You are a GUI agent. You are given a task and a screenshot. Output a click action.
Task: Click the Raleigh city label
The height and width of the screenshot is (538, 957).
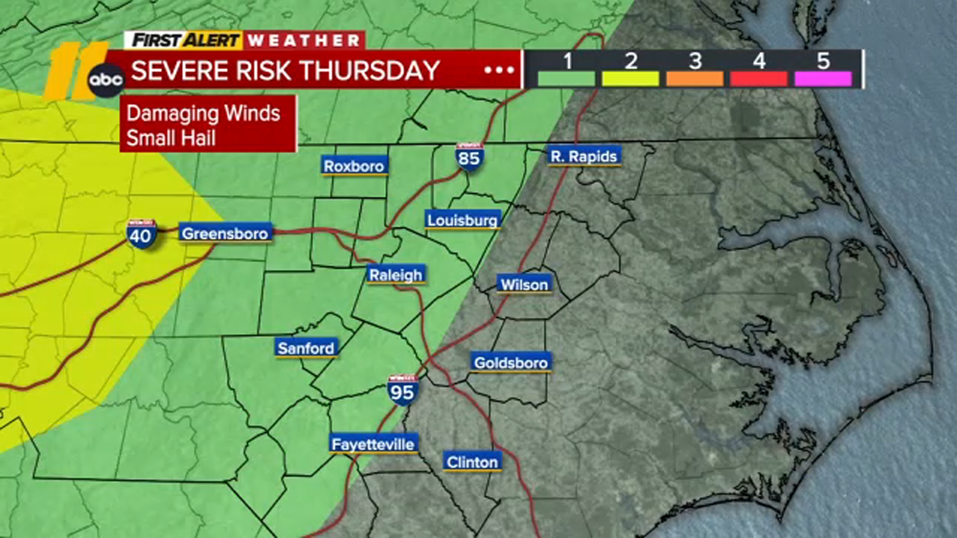tap(396, 274)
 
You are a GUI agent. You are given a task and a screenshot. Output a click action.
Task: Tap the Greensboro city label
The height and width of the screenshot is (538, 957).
tap(225, 233)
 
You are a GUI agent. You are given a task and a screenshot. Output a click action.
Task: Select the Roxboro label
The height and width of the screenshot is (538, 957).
tap(354, 166)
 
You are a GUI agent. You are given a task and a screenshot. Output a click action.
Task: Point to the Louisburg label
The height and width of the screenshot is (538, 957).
tap(463, 220)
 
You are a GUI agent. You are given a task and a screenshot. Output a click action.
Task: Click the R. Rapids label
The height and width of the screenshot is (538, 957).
tap(584, 156)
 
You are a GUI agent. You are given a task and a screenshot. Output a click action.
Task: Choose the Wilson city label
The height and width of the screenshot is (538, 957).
tap(524, 284)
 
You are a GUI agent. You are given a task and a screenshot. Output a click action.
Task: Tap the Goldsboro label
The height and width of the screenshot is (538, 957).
tap(511, 362)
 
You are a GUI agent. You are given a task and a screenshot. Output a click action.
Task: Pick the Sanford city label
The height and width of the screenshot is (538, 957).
tap(306, 348)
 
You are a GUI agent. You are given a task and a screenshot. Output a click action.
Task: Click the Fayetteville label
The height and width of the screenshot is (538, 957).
tap(373, 444)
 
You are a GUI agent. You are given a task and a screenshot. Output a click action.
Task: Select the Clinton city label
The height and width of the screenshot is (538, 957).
tap(472, 462)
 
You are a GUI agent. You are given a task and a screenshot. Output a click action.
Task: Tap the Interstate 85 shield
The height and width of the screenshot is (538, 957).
tap(469, 157)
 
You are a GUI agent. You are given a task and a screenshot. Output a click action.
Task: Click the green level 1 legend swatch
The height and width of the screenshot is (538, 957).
tap(567, 79)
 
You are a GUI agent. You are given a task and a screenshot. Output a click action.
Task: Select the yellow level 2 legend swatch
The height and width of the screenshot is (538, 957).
tap(631, 79)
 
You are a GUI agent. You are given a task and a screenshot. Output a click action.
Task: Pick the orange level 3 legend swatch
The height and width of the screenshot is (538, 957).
tap(695, 79)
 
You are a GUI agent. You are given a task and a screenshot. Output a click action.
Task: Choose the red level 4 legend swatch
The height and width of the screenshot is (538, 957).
tap(759, 79)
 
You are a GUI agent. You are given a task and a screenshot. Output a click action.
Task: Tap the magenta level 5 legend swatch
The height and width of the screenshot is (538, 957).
tap(823, 79)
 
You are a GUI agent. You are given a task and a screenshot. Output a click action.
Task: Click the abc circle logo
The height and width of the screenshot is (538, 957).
tap(106, 80)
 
